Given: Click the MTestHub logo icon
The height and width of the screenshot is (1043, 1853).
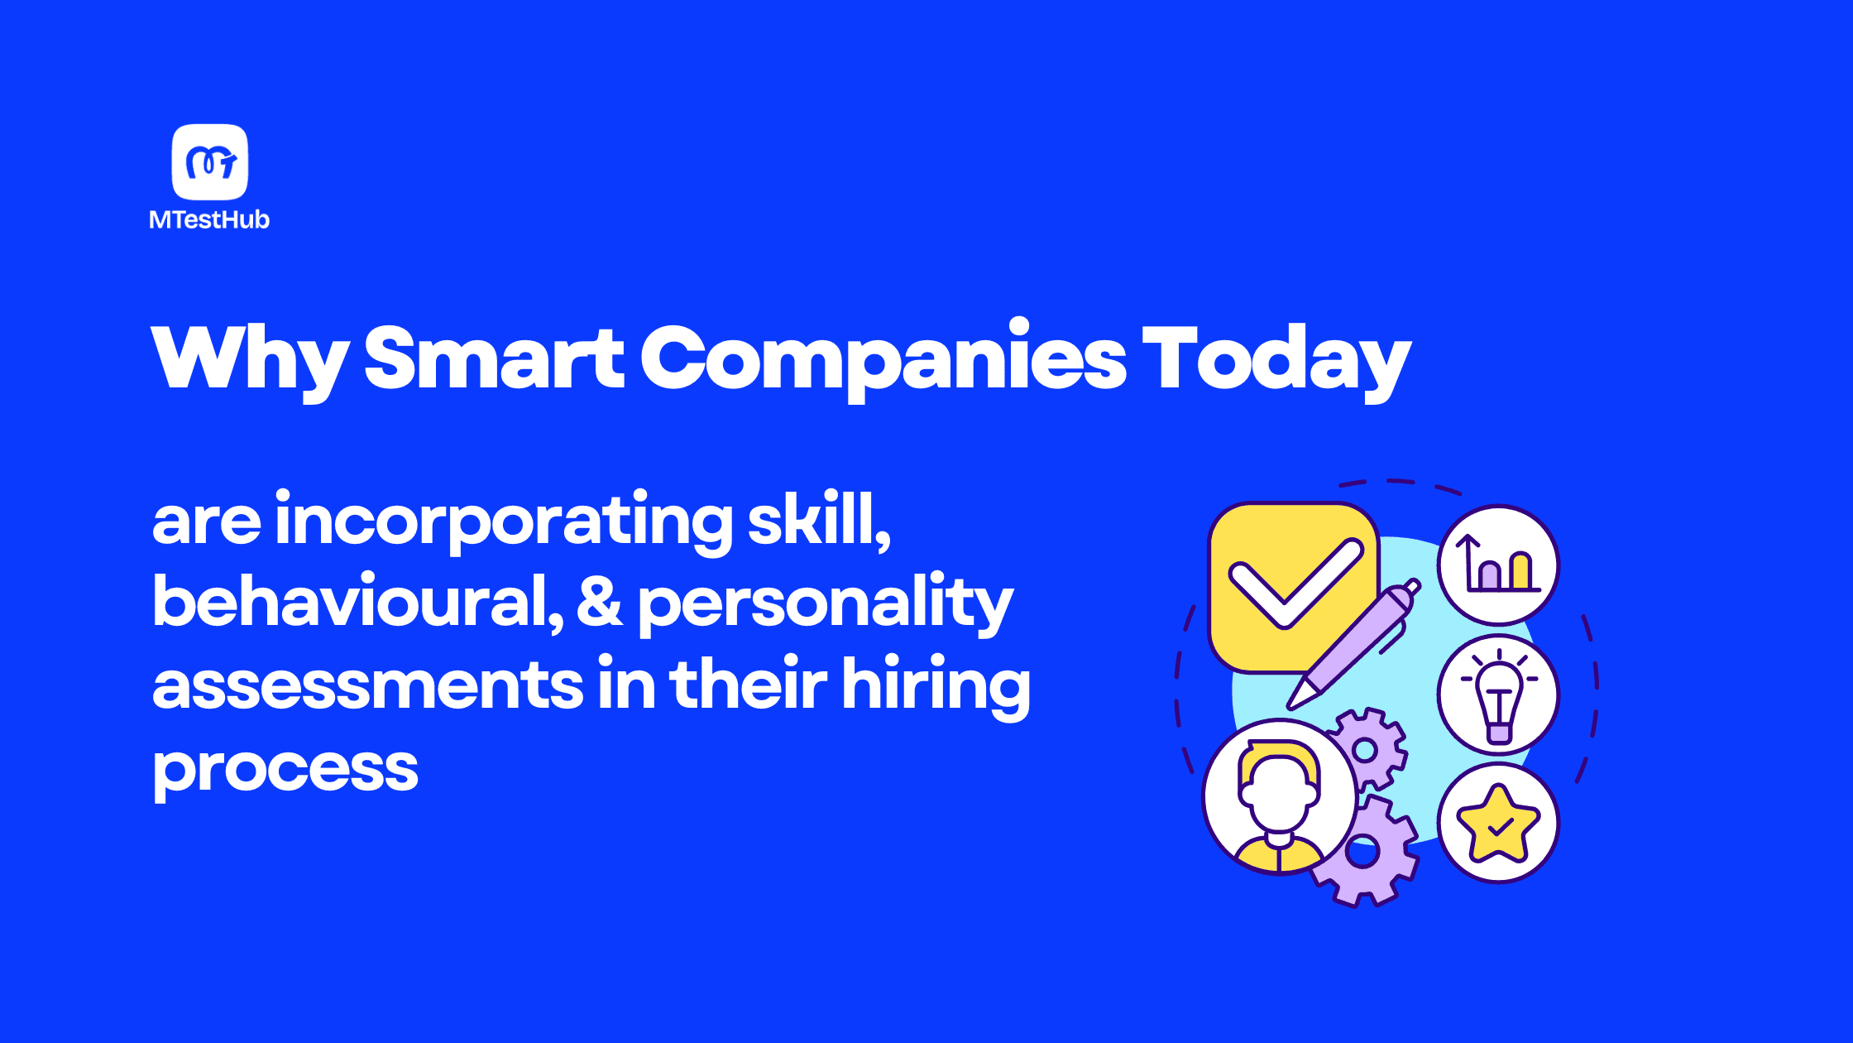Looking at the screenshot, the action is coord(210,162).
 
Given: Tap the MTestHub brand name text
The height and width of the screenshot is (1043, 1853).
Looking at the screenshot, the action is coord(209,219).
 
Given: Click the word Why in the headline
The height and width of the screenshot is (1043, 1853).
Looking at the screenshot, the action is coord(250,359).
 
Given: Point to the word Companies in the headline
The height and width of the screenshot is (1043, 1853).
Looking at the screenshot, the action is coord(883,359).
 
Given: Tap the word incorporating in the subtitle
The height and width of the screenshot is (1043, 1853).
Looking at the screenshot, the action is coord(504,521).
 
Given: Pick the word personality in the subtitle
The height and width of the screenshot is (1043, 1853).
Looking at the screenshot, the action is coord(826,605).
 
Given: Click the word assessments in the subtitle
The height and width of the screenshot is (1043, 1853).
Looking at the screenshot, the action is coord(368,686).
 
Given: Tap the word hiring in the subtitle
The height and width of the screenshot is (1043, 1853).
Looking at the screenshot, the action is coord(936,686).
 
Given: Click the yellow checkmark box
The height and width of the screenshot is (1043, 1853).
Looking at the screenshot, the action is coord(1293,587).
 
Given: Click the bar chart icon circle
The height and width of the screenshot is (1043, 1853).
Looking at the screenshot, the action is coord(1498,565).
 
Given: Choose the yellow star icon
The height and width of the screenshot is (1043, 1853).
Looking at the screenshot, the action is coord(1498,824).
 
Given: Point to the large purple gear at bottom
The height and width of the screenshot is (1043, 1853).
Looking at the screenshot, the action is coord(1365,851).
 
